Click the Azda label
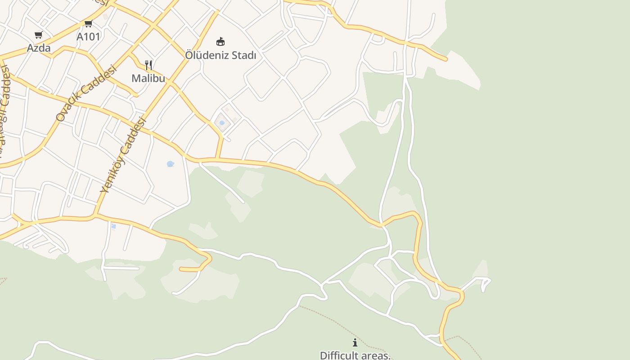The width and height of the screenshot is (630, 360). (39, 48)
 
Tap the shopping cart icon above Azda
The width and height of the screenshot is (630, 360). (39, 35)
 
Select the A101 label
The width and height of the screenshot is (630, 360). (88, 36)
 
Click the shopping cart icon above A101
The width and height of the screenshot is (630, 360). (88, 23)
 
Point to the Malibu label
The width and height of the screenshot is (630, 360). (148, 78)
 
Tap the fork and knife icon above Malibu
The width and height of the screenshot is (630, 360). (148, 65)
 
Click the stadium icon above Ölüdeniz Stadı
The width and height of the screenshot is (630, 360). (220, 42)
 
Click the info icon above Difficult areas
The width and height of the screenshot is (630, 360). (355, 343)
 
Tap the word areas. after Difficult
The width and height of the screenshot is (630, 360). (376, 355)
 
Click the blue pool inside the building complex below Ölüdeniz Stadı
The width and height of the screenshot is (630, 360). (222, 123)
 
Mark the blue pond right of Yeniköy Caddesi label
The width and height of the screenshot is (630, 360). (170, 164)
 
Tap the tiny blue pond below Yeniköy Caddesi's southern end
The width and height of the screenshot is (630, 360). (113, 226)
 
